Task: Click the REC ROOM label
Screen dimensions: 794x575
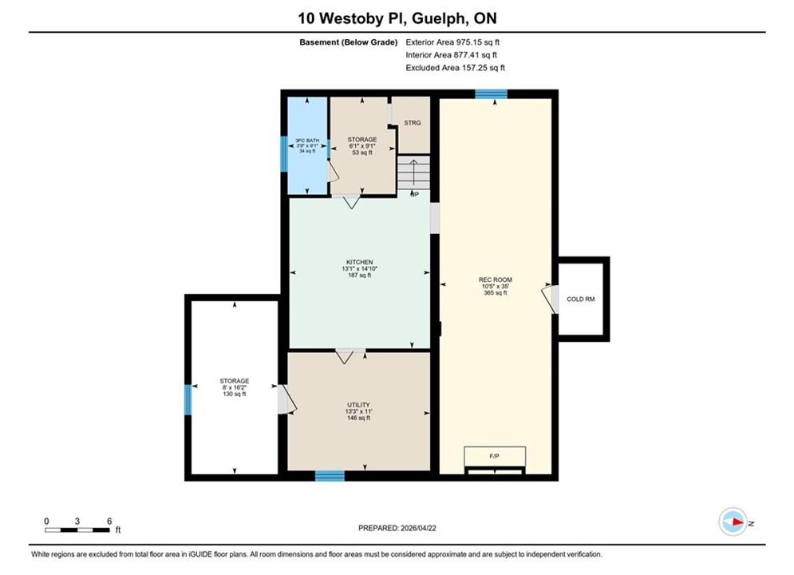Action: coord(496,280)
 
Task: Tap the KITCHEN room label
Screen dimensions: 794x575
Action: coord(360,262)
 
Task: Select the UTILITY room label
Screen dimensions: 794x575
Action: coord(358,405)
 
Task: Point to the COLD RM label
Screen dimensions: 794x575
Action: coord(580,299)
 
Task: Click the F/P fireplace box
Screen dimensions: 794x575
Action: coord(495,456)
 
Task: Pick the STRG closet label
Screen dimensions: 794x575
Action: coord(413,123)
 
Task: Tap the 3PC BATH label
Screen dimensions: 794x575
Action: coord(307,141)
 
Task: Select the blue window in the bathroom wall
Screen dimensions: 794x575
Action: coord(284,153)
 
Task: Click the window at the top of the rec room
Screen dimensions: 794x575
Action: coord(492,93)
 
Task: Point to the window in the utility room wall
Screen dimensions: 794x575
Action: coord(330,476)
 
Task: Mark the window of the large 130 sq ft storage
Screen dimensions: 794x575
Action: coord(188,400)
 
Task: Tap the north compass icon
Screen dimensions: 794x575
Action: coord(733,521)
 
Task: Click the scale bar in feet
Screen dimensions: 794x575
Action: coord(77,530)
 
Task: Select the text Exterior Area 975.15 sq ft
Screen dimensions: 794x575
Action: coord(452,42)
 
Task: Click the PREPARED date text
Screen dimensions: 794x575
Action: coord(397,528)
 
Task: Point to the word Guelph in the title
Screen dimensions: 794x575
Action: coord(440,18)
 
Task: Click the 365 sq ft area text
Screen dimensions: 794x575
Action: coord(496,293)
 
